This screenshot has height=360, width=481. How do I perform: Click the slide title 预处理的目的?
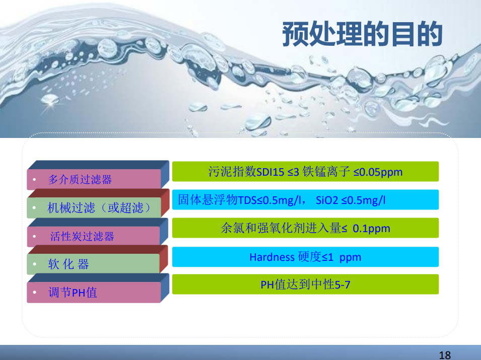tap(362, 34)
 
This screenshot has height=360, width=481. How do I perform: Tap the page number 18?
tap(445, 355)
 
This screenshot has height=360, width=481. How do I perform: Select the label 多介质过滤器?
tap(80, 179)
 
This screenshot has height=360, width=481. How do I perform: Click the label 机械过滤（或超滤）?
tap(99, 207)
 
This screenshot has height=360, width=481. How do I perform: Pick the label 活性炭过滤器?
tap(82, 236)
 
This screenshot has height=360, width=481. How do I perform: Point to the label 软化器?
tap(68, 264)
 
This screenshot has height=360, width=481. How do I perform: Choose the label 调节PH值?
tap(73, 292)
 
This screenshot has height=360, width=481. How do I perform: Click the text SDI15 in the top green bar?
tap(270, 172)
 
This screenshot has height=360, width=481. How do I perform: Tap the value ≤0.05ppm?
tap(378, 172)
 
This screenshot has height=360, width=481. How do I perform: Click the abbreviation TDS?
tap(247, 200)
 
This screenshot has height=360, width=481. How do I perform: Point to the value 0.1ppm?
tap(372, 229)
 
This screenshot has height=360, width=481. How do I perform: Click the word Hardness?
tap(272, 257)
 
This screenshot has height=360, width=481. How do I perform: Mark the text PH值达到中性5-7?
tap(305, 284)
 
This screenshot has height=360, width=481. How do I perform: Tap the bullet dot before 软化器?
tap(35, 264)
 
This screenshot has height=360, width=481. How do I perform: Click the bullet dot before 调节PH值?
tap(35, 292)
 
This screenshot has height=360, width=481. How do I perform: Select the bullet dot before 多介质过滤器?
tap(35, 179)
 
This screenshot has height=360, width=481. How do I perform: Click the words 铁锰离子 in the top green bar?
tap(326, 172)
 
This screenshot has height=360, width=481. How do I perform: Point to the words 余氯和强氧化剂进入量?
tap(281, 228)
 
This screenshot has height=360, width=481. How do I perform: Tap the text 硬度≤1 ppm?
tap(329, 257)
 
